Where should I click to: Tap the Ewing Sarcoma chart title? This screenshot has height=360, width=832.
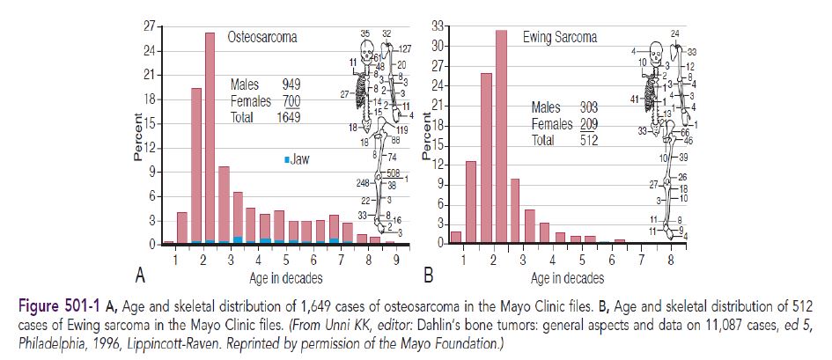click(559, 38)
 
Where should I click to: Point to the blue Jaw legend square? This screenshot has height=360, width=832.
click(286, 159)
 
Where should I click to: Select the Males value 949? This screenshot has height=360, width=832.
click(291, 86)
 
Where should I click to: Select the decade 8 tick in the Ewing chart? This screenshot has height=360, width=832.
click(671, 260)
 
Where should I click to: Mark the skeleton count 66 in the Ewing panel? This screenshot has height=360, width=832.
click(684, 133)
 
